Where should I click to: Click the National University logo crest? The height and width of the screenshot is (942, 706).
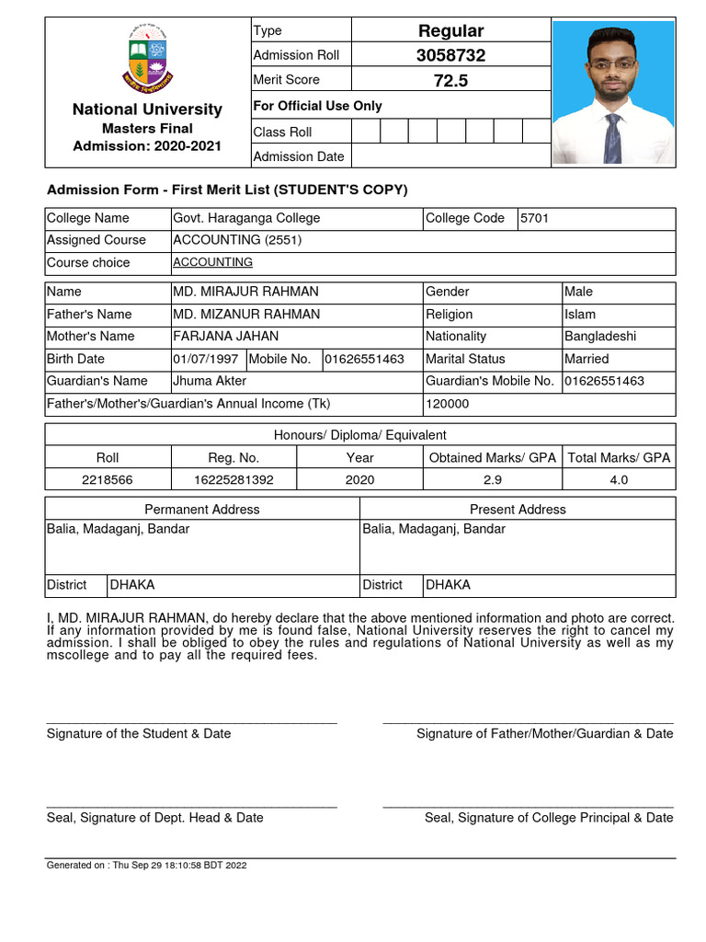click(x=147, y=58)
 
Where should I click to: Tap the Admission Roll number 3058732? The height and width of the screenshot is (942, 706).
click(x=450, y=55)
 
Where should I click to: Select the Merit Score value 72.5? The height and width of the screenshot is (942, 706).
click(x=450, y=81)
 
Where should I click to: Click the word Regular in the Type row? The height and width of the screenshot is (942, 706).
click(x=450, y=31)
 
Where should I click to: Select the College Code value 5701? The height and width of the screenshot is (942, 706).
click(x=534, y=218)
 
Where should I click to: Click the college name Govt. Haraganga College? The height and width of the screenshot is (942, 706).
click(x=246, y=218)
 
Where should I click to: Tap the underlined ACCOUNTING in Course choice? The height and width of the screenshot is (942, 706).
click(x=212, y=262)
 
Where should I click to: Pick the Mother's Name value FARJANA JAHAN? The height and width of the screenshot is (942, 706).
click(x=225, y=337)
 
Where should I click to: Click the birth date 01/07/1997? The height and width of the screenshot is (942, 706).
click(x=206, y=359)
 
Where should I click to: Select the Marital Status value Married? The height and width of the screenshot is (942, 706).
click(x=586, y=359)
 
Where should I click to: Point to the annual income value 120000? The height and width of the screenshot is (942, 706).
click(x=447, y=404)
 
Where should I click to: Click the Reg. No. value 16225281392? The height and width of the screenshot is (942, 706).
click(x=233, y=479)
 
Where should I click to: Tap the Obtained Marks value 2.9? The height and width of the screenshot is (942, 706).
click(x=493, y=479)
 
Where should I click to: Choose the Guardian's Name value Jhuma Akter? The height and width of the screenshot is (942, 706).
click(x=210, y=381)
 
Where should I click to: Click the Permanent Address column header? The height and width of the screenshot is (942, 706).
click(x=202, y=509)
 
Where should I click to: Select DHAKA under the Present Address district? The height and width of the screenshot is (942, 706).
click(x=448, y=585)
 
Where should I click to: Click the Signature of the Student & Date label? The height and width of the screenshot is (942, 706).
click(x=139, y=733)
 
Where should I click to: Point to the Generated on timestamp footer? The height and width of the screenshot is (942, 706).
click(x=147, y=866)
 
